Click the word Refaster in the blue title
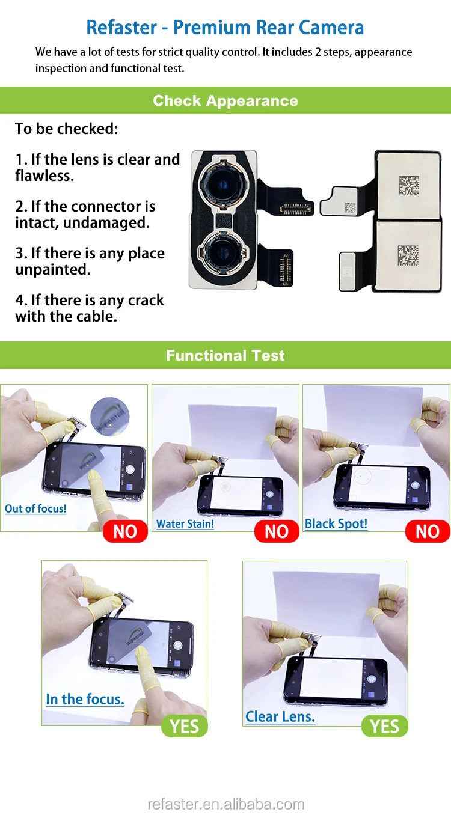[x=121, y=28]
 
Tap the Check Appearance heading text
[x=226, y=100]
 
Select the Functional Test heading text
[x=226, y=355]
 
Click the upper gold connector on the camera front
[x=296, y=209]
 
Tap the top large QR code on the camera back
[x=409, y=185]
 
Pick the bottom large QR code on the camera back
[x=408, y=255]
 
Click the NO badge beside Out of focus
[x=125, y=531]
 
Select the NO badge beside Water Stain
[x=276, y=531]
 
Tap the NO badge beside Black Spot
[x=428, y=531]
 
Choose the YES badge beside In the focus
[x=184, y=726]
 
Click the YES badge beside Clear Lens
[x=384, y=726]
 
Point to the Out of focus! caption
[x=35, y=508]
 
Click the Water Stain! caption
[x=185, y=523]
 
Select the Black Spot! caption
[x=336, y=523]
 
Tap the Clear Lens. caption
[x=280, y=716]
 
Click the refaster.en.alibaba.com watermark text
[x=226, y=804]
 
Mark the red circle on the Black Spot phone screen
[x=363, y=476]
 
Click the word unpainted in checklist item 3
[x=53, y=270]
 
